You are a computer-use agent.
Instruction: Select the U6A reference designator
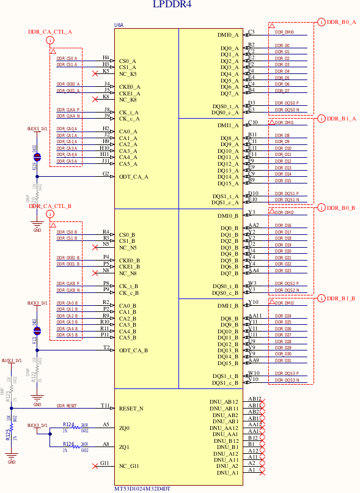tap(119, 25)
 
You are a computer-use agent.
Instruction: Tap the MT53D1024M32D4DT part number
tap(142, 489)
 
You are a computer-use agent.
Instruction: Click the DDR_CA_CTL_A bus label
tap(50, 32)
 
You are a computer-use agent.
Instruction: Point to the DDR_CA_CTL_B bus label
tap(50, 206)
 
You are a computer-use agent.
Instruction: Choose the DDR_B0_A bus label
tap(341, 22)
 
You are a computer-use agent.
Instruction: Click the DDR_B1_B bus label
tap(341, 298)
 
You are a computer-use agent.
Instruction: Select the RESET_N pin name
tap(131, 409)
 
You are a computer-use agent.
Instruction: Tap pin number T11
tap(105, 406)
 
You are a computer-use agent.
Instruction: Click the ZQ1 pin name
tap(124, 447)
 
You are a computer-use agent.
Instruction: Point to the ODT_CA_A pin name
tap(134, 177)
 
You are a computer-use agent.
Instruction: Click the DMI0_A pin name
tap(228, 35)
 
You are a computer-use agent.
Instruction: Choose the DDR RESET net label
tap(67, 406)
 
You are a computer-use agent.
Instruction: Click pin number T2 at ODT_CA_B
tap(106, 347)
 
